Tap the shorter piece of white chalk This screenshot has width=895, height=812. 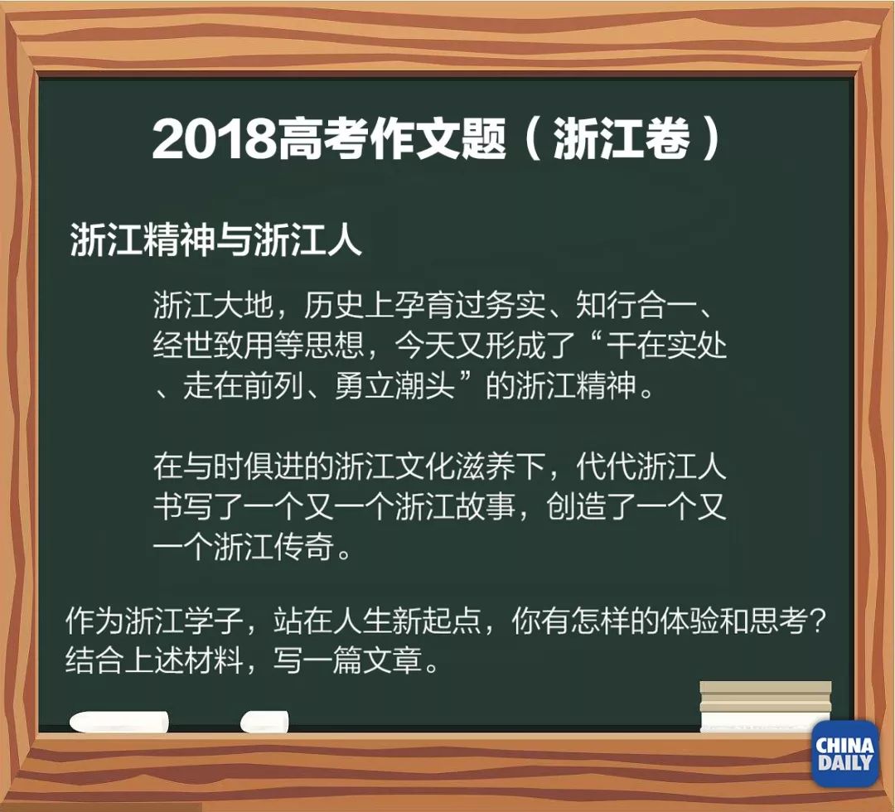pyautogui.click(x=264, y=721)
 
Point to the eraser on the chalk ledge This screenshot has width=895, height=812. pyautogui.click(x=765, y=706)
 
